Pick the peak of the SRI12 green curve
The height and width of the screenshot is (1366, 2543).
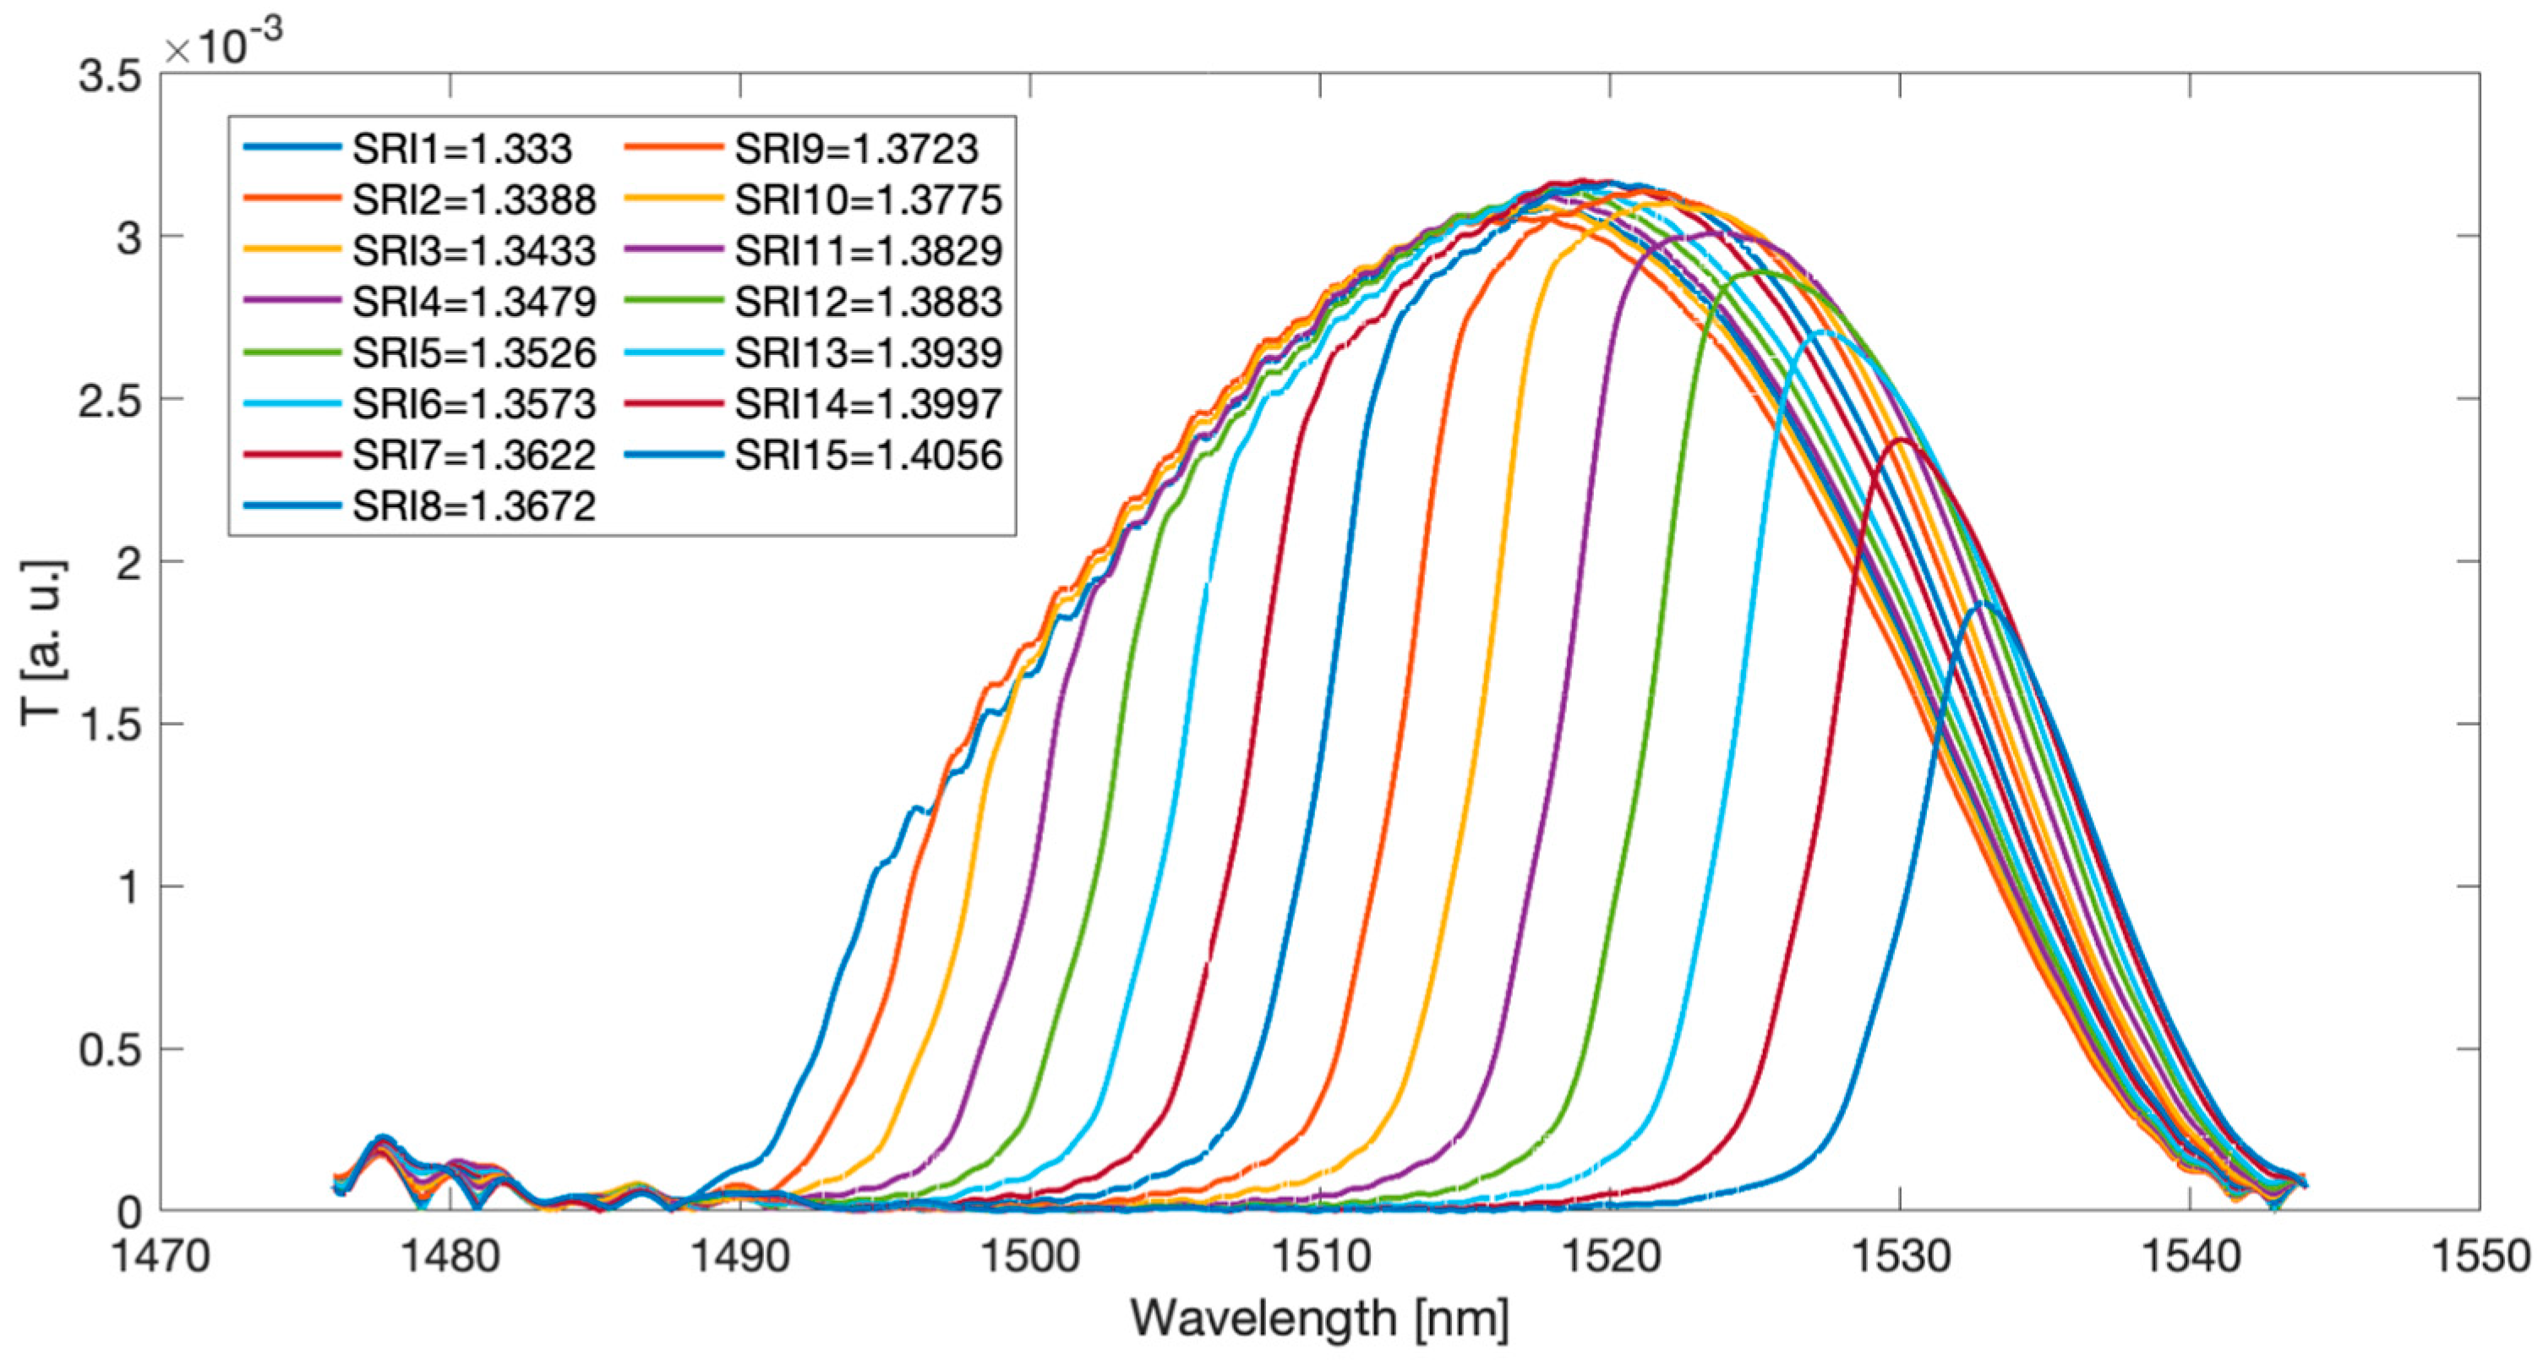point(1763,271)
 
